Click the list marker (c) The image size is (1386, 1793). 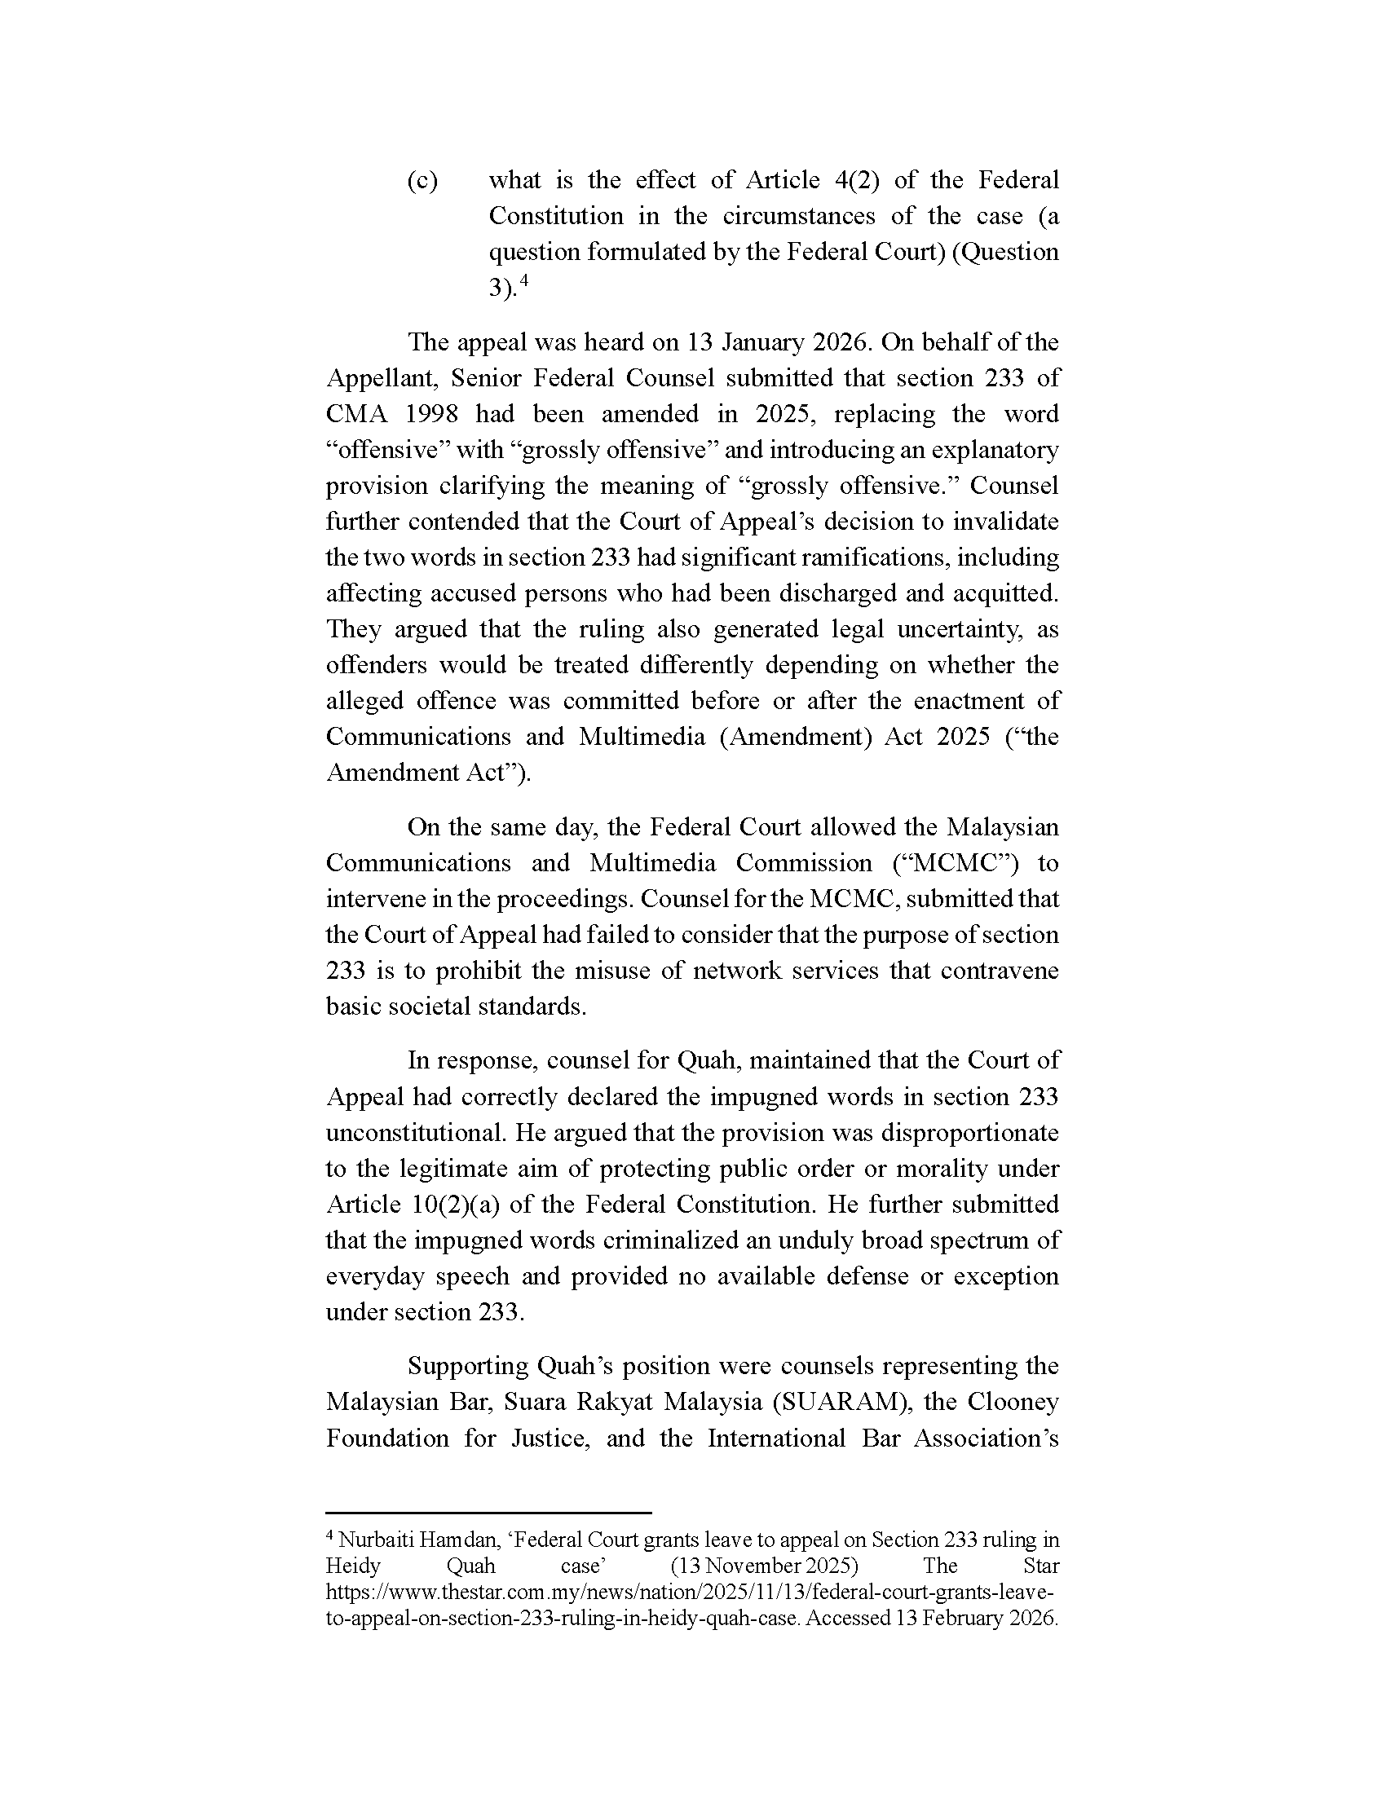(422, 181)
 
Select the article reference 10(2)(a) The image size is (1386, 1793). (468, 1205)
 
